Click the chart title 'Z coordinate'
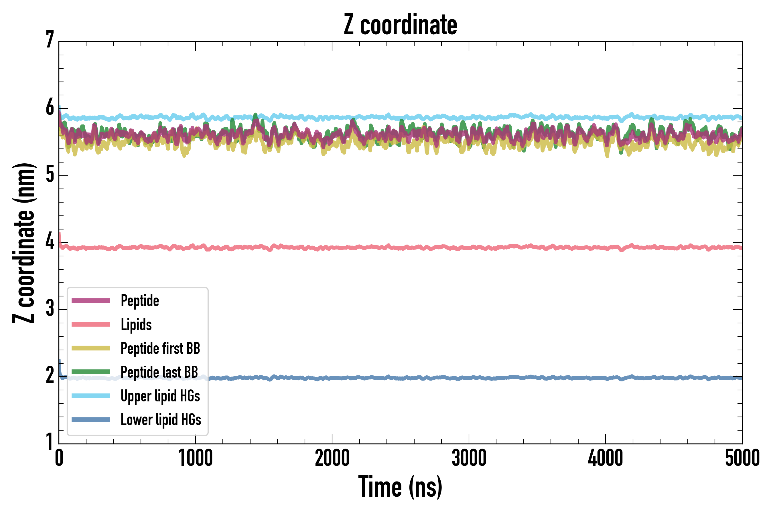(x=400, y=25)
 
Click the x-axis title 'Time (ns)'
(x=400, y=487)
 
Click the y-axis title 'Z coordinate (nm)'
(x=24, y=243)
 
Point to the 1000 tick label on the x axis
(x=196, y=458)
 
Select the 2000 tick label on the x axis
(x=332, y=458)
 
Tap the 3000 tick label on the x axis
(x=469, y=458)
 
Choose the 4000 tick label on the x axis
(x=606, y=458)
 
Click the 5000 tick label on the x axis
(x=742, y=458)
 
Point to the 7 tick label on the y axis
(x=50, y=40)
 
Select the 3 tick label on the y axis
(x=50, y=308)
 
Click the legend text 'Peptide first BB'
(x=160, y=348)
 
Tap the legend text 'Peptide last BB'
(x=159, y=372)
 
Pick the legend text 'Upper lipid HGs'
(x=160, y=396)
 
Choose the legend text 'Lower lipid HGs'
(x=161, y=420)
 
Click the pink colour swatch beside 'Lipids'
(x=91, y=324)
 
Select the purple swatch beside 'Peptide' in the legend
(x=91, y=300)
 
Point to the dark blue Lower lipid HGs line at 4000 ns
(x=606, y=378)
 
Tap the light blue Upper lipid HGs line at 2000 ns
(x=332, y=117)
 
